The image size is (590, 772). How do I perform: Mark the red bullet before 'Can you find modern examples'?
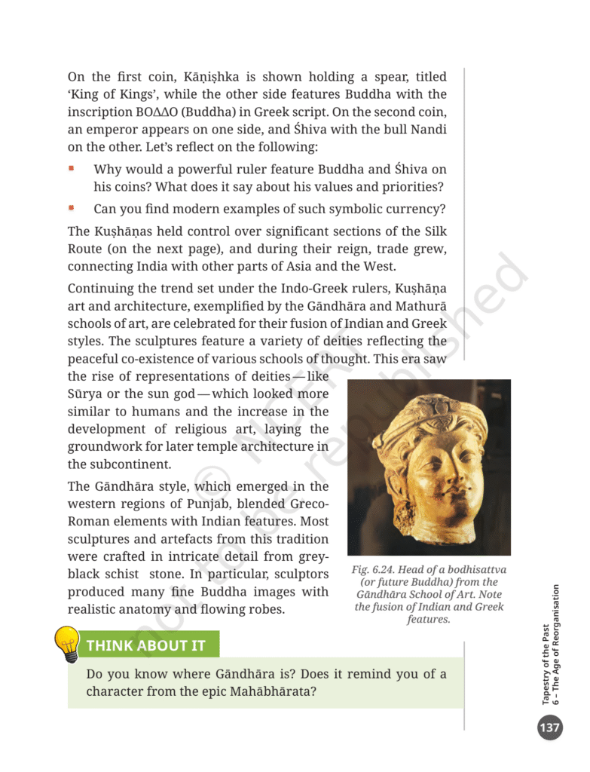coord(72,207)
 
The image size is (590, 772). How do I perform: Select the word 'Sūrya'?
coord(85,394)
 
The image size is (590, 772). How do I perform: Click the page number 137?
coord(549,728)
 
